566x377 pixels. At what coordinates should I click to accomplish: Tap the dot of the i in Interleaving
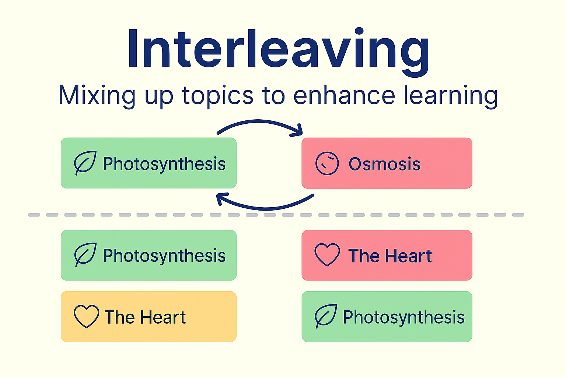tap(359, 32)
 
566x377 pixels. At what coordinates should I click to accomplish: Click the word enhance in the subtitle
tap(344, 95)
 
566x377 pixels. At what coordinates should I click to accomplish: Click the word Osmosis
tap(384, 164)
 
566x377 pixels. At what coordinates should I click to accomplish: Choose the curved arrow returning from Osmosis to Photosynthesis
tap(265, 208)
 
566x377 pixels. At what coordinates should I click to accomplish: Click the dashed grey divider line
tap(276, 215)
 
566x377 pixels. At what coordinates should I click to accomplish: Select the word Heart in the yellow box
tap(163, 317)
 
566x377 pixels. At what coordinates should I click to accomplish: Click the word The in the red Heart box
tap(363, 256)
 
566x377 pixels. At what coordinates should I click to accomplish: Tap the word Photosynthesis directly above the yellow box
tap(164, 256)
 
